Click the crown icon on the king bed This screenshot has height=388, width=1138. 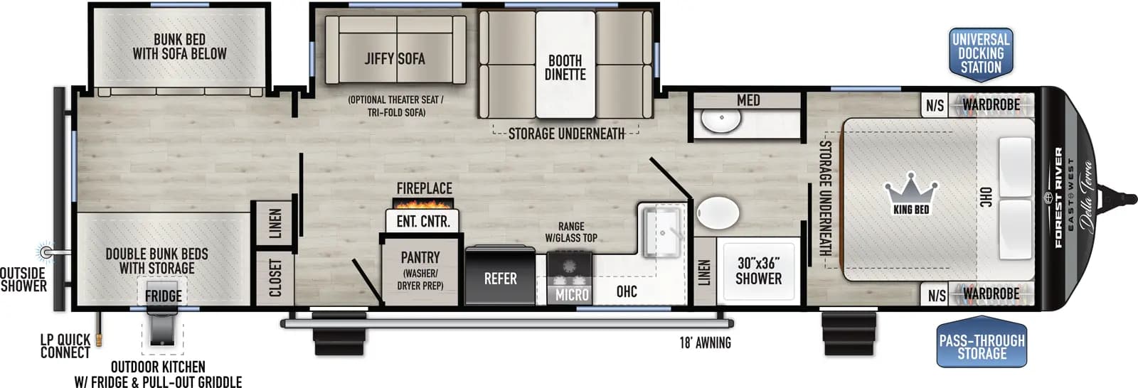click(910, 188)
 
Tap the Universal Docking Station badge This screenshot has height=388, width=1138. click(981, 53)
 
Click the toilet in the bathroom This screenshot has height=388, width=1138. click(718, 212)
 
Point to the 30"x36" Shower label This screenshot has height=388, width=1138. click(758, 271)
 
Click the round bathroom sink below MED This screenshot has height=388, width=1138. click(721, 120)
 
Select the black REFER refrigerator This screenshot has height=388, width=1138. click(500, 278)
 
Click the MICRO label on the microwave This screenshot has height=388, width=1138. click(572, 294)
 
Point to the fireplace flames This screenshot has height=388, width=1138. click(424, 204)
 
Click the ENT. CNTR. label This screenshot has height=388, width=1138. click(423, 222)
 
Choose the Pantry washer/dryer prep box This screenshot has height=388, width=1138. click(420, 271)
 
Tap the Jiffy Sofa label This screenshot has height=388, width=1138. click(395, 59)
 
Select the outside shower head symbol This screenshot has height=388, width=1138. click(46, 252)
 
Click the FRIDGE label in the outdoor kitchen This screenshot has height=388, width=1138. click(163, 296)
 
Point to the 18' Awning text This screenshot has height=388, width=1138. click(705, 343)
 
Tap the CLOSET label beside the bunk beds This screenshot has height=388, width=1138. click(275, 276)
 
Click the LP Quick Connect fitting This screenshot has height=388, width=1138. click(100, 335)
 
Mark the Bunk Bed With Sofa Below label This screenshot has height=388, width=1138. click(179, 47)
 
